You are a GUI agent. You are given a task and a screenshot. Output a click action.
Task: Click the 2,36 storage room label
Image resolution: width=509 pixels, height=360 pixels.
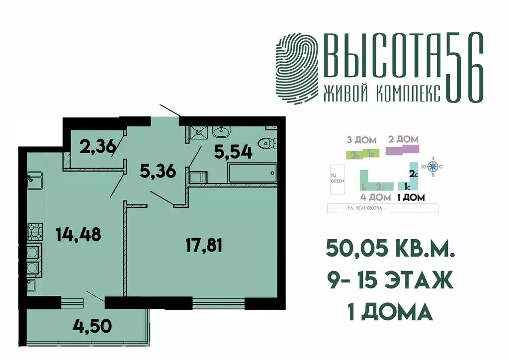97,146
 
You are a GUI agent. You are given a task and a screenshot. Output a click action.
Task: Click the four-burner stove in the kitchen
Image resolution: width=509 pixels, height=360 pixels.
34,231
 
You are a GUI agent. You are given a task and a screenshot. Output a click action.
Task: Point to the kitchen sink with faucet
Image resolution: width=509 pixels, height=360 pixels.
34,178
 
